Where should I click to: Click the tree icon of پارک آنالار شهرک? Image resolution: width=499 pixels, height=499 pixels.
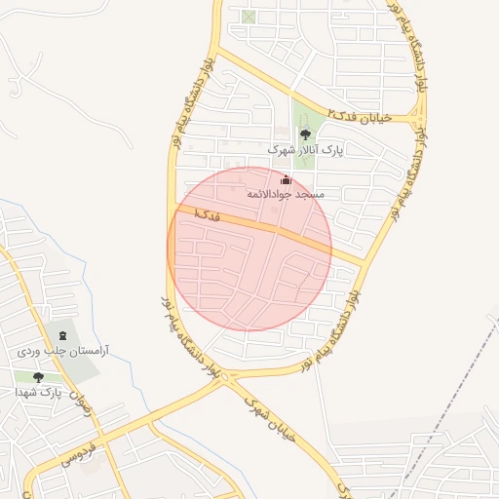305,135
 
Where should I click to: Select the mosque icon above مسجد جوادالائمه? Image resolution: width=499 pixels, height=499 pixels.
286,180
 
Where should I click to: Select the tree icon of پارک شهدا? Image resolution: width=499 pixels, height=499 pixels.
39,377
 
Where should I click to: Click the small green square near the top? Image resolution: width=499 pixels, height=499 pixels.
249,17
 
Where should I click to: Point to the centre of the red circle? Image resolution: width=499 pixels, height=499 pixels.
249,249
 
